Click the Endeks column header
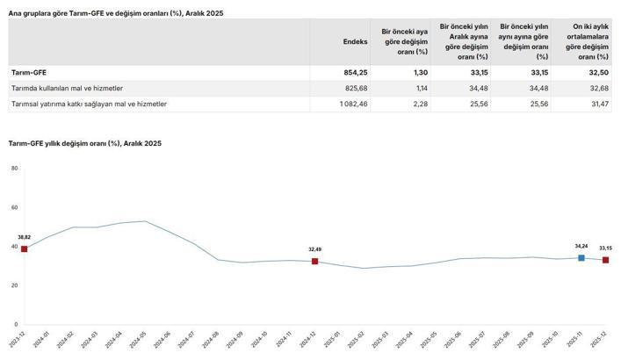[355, 41]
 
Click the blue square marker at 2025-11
[581, 258]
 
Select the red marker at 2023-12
[24, 249]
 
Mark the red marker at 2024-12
[314, 262]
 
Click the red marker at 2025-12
[605, 260]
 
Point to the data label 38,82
[24, 238]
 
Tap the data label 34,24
[581, 247]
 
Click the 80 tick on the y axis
[13, 168]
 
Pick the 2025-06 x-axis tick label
[459, 339]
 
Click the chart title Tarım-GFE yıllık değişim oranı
[84, 142]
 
